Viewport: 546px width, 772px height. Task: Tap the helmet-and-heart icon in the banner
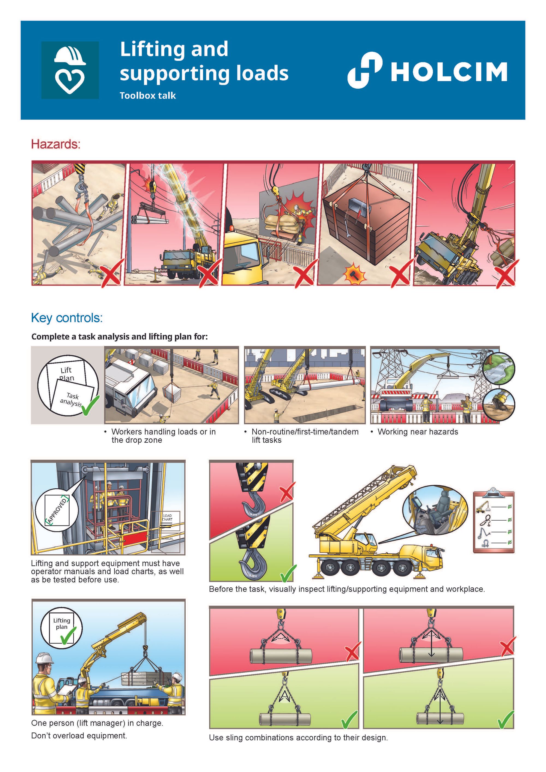(70, 70)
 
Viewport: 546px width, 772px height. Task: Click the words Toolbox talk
(148, 96)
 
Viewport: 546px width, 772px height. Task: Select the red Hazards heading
(56, 144)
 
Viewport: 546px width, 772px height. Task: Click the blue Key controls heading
(67, 318)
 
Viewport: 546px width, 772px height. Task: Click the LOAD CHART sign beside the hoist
(167, 518)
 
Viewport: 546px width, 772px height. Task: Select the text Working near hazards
(418, 432)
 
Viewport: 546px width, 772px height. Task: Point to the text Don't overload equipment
(79, 735)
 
